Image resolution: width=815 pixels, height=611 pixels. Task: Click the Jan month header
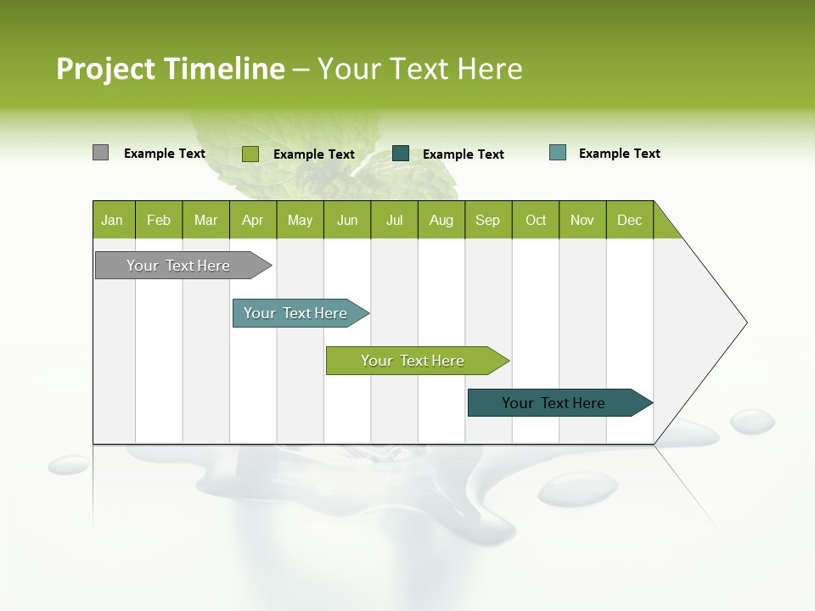[x=113, y=220]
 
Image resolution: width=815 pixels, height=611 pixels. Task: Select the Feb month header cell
[x=159, y=220]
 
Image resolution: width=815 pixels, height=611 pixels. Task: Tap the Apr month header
[x=253, y=220]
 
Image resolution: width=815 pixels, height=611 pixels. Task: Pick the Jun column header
[x=347, y=220]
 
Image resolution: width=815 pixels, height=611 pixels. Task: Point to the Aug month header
[x=441, y=220]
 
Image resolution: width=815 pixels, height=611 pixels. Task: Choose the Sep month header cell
[x=488, y=220]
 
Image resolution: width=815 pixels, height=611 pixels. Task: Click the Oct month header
[x=536, y=220]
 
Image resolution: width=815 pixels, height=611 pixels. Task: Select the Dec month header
[x=630, y=220]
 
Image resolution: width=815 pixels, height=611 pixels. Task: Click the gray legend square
[x=100, y=153]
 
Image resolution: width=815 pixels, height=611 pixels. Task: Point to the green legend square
[x=250, y=154]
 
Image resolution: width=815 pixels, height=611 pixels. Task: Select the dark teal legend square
[x=401, y=153]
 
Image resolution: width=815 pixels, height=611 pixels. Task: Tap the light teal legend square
[x=558, y=153]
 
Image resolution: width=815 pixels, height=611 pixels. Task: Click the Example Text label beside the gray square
[x=165, y=154]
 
